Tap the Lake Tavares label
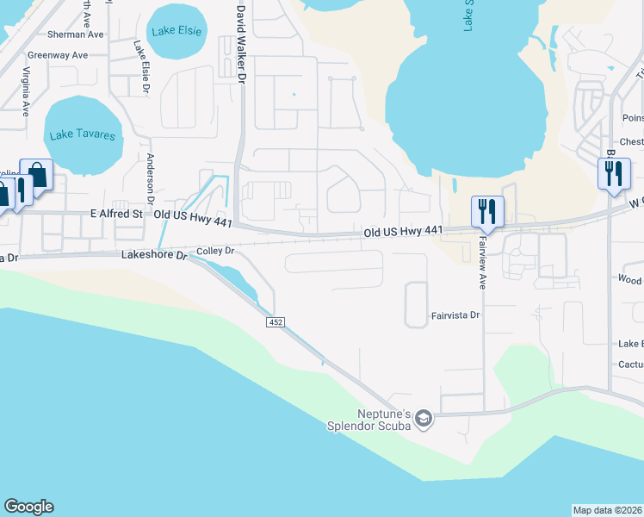tap(82, 134)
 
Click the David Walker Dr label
tap(242, 44)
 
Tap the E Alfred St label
tap(114, 214)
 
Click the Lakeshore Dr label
tap(154, 255)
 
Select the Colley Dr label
tap(215, 251)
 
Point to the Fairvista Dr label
tap(455, 316)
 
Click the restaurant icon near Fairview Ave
tap(487, 211)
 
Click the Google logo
tap(28, 507)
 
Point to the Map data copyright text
tap(608, 510)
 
